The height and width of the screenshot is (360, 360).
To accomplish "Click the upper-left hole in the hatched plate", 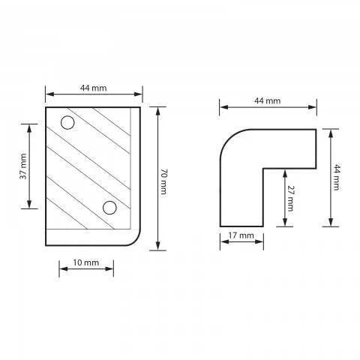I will click(x=67, y=122).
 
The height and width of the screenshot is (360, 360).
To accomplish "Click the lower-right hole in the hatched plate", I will click(x=109, y=206).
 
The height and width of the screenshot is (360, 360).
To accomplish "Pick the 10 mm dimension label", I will click(x=85, y=262).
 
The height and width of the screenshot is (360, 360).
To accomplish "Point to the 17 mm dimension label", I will click(x=241, y=236).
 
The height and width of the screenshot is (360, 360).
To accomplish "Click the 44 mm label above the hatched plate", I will click(x=94, y=88).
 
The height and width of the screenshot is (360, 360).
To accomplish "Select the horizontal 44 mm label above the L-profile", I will click(x=268, y=100).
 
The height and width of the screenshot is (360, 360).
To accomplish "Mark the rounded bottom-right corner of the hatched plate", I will click(x=136, y=239).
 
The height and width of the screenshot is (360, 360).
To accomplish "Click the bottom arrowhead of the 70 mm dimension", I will click(x=157, y=247).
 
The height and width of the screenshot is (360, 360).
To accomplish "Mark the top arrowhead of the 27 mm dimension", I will click(x=283, y=170).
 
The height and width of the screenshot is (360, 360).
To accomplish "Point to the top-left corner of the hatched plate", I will click(x=46, y=107).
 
